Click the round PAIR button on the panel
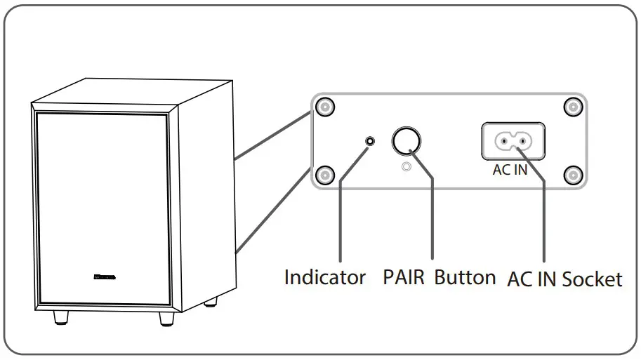[406, 141]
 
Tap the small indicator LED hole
[370, 141]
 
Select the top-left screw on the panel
[324, 107]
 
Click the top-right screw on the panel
[574, 107]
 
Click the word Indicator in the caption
[324, 277]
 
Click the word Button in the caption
[465, 277]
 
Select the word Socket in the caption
[592, 279]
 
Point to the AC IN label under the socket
[510, 171]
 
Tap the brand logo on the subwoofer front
[104, 276]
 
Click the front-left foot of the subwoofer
[61, 318]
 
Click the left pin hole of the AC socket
[501, 142]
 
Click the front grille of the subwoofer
[102, 204]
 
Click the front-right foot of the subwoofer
[166, 319]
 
